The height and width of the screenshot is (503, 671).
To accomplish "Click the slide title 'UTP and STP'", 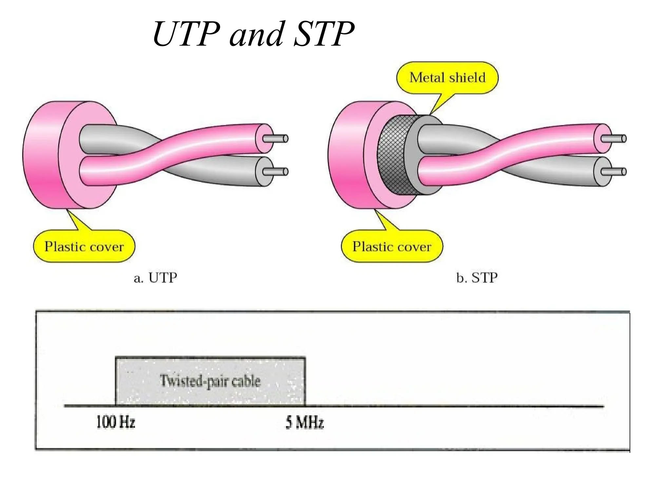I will point(253,34).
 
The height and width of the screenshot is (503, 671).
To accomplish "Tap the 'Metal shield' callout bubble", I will point(447,78).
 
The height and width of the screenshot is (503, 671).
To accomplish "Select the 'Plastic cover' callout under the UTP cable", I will point(84,246).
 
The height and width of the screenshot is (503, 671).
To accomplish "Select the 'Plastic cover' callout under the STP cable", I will point(392,246).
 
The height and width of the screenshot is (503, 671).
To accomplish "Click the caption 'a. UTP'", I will point(155,278).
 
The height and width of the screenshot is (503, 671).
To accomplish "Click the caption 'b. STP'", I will point(477,278).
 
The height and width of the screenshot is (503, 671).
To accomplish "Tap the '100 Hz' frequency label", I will point(115,422).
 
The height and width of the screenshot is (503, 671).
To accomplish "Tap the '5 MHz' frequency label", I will point(304,422).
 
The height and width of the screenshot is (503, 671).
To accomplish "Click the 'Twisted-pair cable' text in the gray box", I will point(210,381).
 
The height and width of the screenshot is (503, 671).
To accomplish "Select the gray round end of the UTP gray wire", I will point(264,172).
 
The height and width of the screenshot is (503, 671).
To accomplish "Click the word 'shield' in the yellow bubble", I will point(467,78).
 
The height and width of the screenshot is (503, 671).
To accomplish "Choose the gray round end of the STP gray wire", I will point(603,172).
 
